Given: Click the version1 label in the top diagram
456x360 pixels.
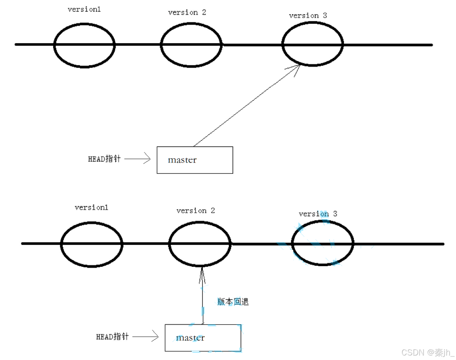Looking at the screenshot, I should point(84,9).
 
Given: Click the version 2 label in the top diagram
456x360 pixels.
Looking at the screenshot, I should point(187,13).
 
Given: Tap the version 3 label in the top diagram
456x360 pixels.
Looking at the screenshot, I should point(308,16).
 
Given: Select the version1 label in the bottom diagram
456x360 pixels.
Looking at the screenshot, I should point(91,207).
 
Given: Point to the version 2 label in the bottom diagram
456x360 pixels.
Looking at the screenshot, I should point(195,211).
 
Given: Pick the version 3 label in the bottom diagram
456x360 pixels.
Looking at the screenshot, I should point(318,214).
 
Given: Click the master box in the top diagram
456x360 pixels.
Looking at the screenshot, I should point(195,160).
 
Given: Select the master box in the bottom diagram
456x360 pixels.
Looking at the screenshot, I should point(203,338).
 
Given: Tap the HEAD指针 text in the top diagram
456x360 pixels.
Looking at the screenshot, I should point(104,159).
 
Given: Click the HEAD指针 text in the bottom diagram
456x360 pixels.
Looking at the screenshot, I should point(112,336).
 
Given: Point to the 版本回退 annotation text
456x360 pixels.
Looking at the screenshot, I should point(233,302).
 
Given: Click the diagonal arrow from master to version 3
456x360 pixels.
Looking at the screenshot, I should point(247,105).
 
